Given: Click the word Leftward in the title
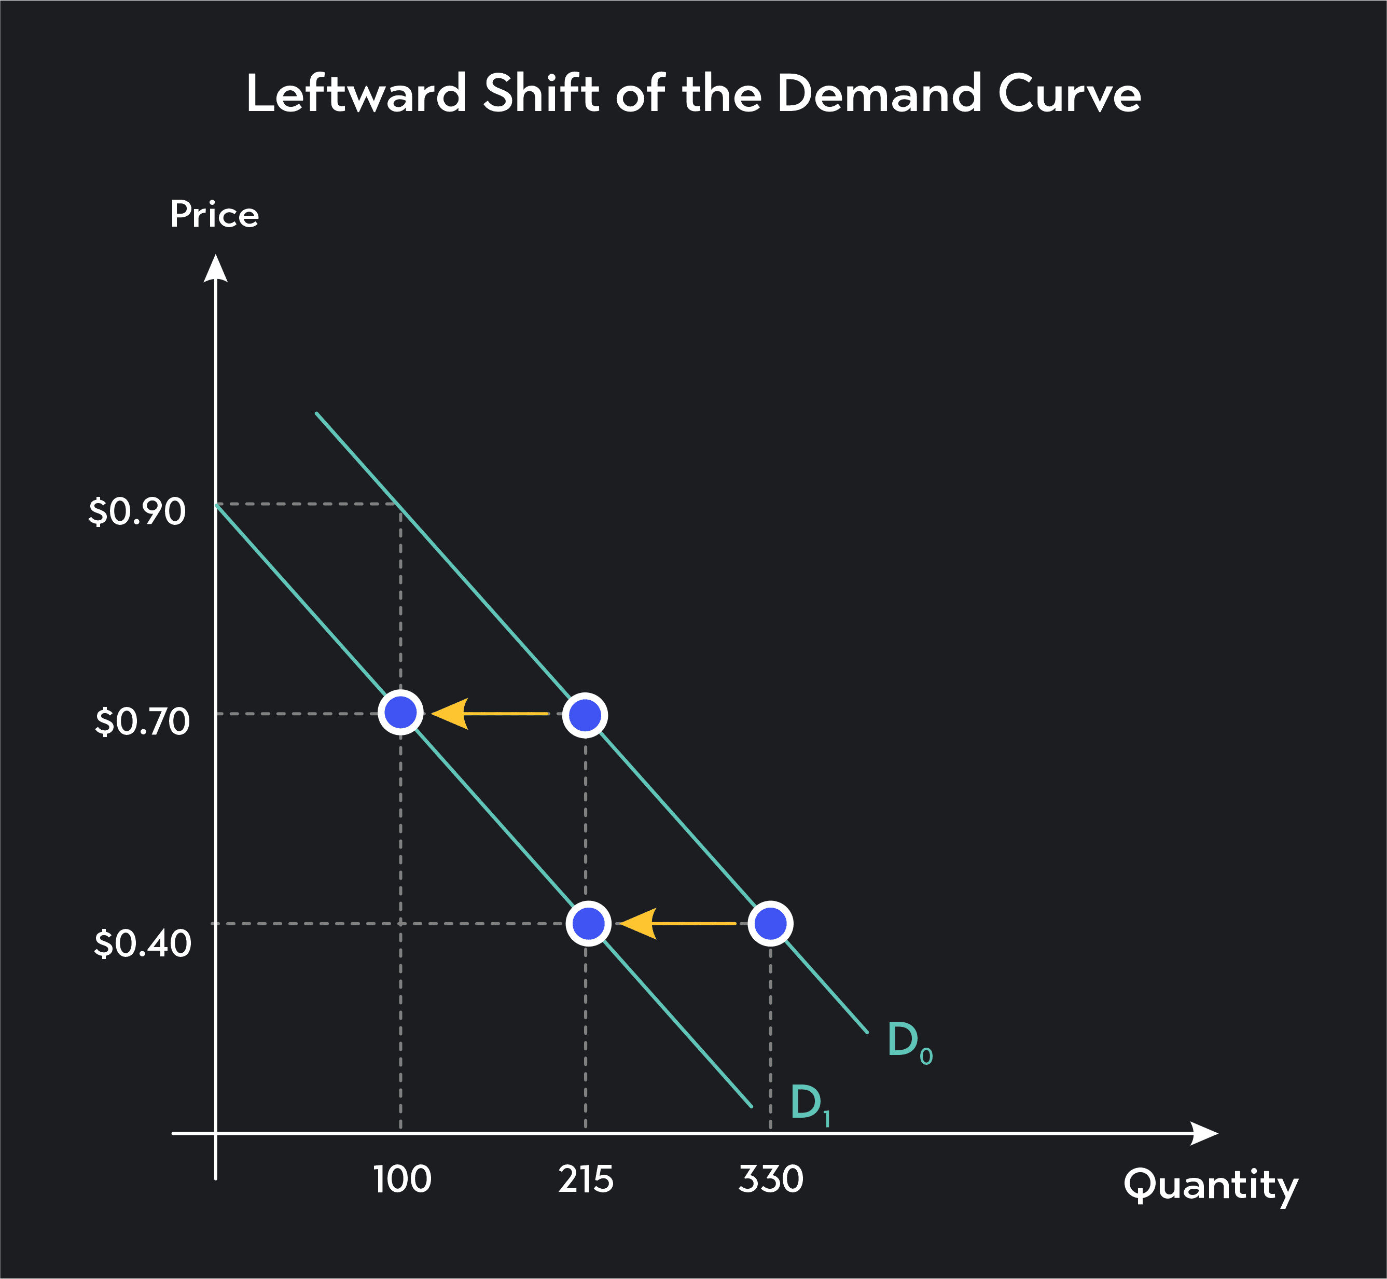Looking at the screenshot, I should pos(356,93).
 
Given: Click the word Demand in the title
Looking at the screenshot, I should pos(879,93).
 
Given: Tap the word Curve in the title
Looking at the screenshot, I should pos(1070,93).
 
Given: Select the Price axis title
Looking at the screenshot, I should pos(215,215).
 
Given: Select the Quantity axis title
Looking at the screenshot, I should pos(1211,1185).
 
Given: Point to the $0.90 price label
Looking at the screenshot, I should pos(137,512).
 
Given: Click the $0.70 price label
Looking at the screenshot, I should pos(142,722).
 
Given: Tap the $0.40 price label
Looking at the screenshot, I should pos(142,943).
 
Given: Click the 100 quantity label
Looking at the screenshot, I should pos(401,1179).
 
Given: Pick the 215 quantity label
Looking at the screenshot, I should pos(586,1179).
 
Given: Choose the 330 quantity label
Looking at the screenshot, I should pos(770,1179).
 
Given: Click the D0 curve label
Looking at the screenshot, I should pos(909,1041).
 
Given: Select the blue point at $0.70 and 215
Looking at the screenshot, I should pos(586,715).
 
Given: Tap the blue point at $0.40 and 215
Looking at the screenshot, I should pos(588,923).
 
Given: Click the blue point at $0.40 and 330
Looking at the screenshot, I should pos(770,923).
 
